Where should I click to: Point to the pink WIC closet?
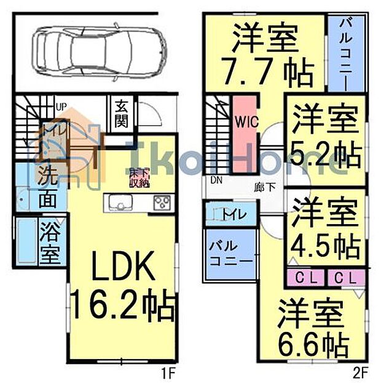[x=240, y=132]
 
